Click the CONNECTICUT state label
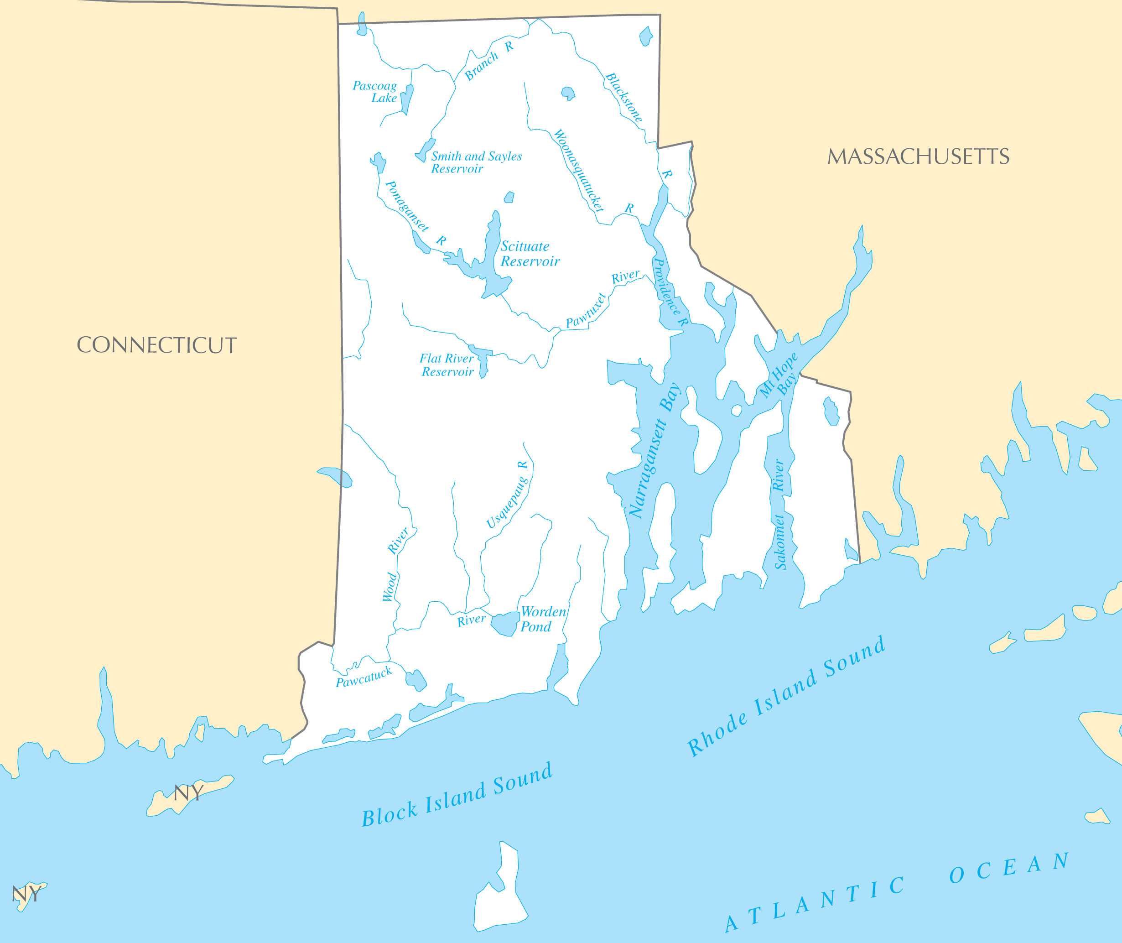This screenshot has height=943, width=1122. pos(156,345)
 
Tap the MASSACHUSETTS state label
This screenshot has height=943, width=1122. pos(918,156)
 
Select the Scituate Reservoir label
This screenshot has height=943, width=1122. pos(529,254)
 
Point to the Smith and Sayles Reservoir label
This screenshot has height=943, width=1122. pos(476,162)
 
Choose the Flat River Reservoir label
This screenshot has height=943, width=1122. pos(447,365)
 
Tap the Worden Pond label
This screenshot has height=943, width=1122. pos(543,619)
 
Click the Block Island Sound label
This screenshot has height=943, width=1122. pos(457,795)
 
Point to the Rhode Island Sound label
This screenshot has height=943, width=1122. pos(786,696)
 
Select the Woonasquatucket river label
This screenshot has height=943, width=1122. pos(579,170)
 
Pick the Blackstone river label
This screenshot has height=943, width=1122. pos(624,97)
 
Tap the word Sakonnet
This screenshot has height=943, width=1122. pos(780,542)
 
